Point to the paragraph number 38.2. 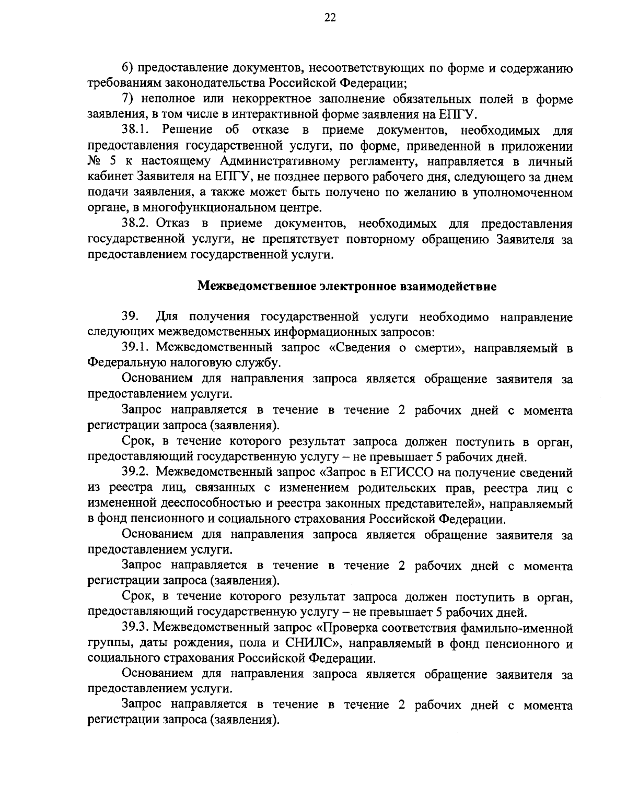(x=136, y=224)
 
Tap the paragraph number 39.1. (x=136, y=348)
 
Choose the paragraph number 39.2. (x=136, y=473)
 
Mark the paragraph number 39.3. (x=136, y=628)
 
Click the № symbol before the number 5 (x=95, y=161)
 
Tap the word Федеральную (x=124, y=363)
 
